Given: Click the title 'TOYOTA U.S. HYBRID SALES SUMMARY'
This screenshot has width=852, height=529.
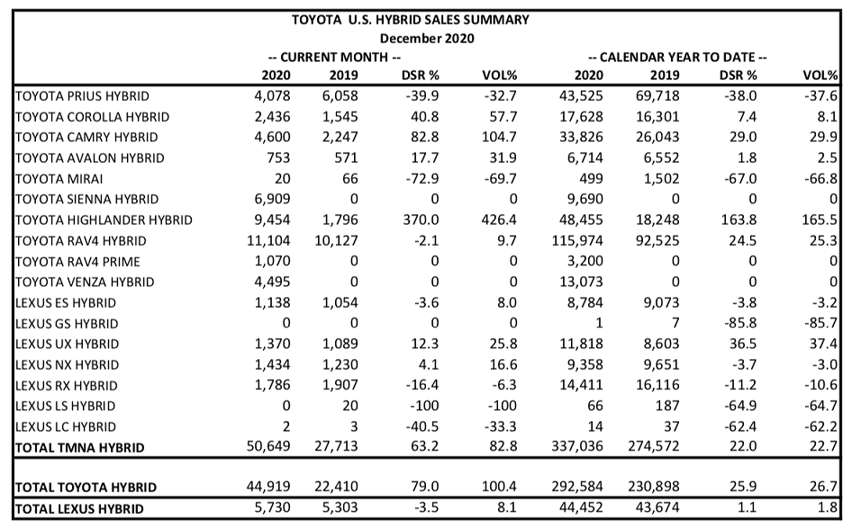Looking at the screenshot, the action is coord(411,20).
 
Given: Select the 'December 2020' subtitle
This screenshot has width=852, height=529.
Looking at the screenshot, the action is coord(427,39).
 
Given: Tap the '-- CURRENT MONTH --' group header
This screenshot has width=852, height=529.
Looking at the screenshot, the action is coord(334,57).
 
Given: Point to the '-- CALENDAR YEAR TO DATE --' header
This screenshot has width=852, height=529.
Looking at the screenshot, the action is coord(677,57).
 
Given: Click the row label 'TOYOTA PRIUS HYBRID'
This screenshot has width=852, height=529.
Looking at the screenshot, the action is coord(82,96).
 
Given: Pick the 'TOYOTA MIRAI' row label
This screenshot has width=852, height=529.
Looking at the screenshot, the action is coord(59,179).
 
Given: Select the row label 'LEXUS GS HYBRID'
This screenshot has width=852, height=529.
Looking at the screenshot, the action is coord(67,324).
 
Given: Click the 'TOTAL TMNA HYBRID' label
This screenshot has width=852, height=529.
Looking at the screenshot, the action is coord(80,448).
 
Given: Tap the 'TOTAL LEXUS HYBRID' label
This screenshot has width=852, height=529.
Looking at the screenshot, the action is coord(79,509).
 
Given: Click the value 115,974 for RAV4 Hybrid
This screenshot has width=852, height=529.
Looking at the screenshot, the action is coord(577,240).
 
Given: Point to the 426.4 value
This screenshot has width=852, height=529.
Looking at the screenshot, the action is coord(499,220).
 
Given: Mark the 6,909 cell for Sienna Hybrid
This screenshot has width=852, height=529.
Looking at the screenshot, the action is coord(272,199).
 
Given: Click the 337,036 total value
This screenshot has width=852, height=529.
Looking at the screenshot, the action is coord(577,446).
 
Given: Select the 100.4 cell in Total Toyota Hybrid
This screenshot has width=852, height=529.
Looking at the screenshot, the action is coord(499,487).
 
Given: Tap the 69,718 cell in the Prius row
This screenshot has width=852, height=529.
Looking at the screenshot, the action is coord(657,96).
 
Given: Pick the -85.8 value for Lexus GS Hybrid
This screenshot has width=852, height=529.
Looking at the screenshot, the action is coord(740,323).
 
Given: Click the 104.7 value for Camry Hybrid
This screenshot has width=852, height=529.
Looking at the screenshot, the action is coord(499,138).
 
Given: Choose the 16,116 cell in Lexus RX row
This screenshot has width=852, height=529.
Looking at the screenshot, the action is coord(657,385).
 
